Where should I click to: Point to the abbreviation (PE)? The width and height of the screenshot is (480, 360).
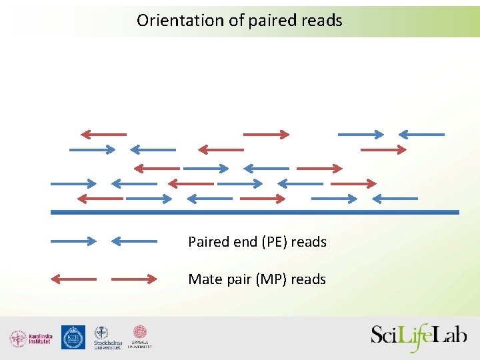(273, 242)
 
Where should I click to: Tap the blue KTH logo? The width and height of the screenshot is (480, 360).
(73, 337)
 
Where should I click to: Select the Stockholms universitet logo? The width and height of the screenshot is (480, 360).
(107, 338)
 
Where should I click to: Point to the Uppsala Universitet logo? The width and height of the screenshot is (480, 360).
(140, 337)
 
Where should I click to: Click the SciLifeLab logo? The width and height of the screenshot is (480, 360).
(419, 337)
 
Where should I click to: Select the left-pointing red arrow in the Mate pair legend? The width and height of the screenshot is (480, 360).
(74, 279)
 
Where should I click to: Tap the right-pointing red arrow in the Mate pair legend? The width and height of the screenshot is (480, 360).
(134, 279)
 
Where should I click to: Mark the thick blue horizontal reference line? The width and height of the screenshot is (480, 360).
(255, 212)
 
